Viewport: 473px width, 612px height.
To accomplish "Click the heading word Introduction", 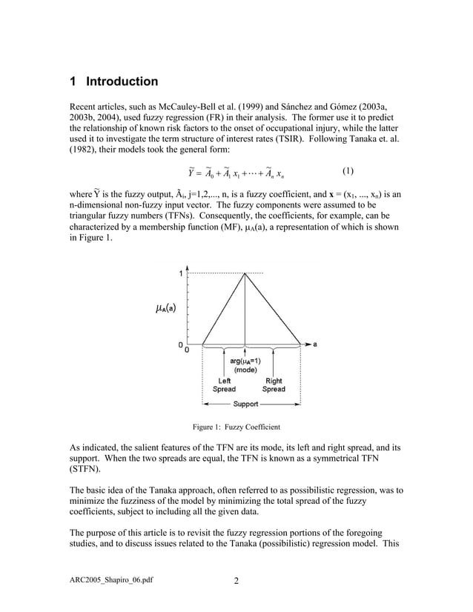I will click(122, 82).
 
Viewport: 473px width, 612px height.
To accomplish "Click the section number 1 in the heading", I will click(73, 82).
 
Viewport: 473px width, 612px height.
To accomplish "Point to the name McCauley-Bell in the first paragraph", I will click(191, 106).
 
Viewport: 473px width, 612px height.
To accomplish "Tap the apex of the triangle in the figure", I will click(245, 273).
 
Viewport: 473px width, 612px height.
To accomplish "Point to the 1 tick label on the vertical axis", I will click(179, 273).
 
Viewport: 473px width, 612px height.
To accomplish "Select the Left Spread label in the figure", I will click(224, 385).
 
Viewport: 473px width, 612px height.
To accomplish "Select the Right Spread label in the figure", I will click(274, 385).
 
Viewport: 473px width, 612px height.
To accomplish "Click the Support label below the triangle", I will click(246, 404).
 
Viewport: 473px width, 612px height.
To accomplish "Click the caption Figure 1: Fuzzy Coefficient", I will click(236, 427).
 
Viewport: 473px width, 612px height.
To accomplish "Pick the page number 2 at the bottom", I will click(236, 581).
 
